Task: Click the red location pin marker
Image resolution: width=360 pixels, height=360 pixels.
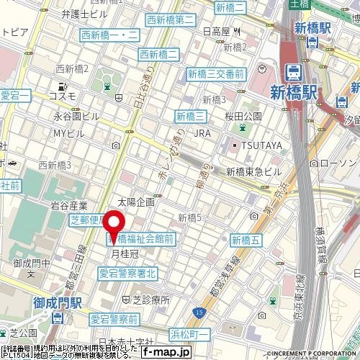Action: tap(115, 225)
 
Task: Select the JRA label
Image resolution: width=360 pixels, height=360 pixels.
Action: tap(203, 133)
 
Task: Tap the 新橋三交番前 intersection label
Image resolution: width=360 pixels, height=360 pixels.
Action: tap(217, 73)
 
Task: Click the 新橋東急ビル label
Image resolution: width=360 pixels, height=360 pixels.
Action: tap(253, 171)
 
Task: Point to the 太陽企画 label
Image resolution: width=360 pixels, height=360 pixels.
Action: tap(135, 202)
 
